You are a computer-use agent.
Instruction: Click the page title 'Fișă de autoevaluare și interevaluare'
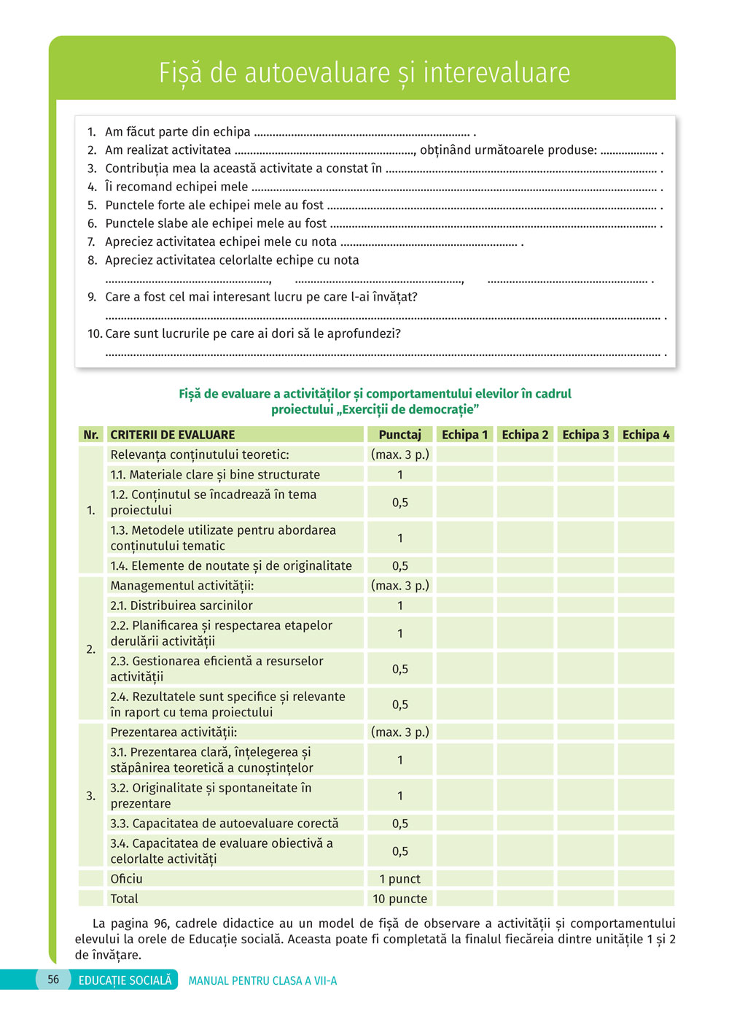pos(364,73)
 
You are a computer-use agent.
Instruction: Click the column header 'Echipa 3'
pos(585,435)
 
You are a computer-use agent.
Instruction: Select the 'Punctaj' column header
pos(399,435)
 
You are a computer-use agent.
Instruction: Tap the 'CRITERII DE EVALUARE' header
pos(173,435)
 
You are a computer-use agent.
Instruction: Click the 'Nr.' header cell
pos(91,435)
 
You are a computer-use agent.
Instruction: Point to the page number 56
pos(53,980)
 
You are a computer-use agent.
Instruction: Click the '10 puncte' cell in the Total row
pos(399,899)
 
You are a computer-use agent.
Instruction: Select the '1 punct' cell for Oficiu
pos(399,879)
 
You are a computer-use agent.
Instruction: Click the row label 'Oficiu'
pos(127,879)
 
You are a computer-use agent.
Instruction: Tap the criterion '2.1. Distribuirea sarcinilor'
pos(182,605)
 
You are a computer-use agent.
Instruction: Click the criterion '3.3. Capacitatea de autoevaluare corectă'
pos(225,824)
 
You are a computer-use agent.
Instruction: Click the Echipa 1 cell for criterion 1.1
pos(464,475)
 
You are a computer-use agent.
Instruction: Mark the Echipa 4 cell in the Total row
pos(645,899)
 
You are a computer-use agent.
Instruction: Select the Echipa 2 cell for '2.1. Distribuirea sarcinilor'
pos(525,605)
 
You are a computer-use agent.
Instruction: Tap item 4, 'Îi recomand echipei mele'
pos(176,187)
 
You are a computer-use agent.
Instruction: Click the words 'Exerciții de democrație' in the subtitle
pos(408,410)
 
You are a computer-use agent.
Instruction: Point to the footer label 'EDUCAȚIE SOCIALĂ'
pos(125,980)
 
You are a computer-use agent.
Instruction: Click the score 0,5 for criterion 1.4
pos(399,566)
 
